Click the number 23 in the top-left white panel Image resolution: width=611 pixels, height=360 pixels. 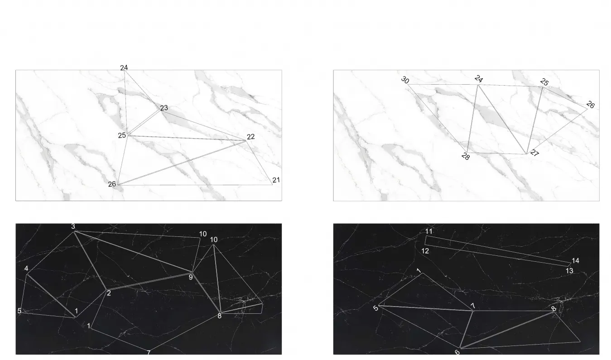coord(164,108)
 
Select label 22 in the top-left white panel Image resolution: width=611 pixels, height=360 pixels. coord(250,137)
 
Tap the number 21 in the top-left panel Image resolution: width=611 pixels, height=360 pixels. coord(276,180)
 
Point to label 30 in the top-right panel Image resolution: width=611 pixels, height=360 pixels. coord(405,80)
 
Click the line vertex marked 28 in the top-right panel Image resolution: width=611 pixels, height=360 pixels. coord(467,153)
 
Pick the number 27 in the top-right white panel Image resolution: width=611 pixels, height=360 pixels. coord(534,153)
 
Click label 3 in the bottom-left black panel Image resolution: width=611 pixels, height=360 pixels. coord(73,226)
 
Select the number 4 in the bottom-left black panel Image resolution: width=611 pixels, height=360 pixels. coord(26,269)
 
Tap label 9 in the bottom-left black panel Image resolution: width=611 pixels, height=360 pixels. coord(191,278)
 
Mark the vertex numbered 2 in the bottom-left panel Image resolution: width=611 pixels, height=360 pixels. coord(106,290)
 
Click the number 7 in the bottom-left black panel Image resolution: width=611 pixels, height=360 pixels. coord(149,353)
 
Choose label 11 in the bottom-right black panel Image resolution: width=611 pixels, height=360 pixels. coord(429,231)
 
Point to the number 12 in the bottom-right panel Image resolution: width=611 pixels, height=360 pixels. coord(425,251)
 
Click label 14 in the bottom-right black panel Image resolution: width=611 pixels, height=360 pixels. coord(575,261)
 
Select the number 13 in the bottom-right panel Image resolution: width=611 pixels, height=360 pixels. coord(569,271)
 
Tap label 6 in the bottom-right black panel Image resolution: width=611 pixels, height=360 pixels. coord(457,352)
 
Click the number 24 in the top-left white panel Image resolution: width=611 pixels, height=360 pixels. coord(124,67)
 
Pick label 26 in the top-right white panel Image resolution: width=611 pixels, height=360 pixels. coord(591,105)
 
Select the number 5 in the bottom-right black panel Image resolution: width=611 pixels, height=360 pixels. coord(376,308)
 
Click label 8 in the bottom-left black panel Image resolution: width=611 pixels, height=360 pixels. coord(220,317)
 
